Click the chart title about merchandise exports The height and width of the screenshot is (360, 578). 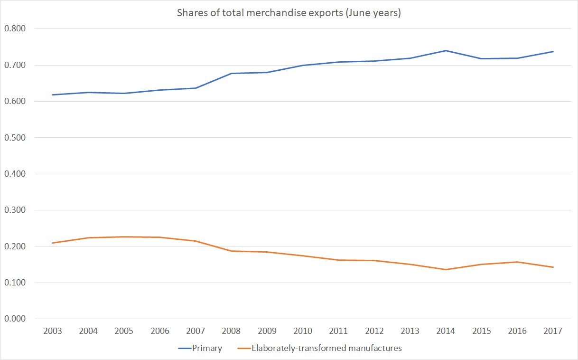[289, 13]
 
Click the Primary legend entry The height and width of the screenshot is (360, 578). [200, 348]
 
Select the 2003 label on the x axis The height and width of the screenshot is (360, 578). [53, 331]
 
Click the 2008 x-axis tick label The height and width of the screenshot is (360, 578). [232, 331]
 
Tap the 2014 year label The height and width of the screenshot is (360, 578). [446, 331]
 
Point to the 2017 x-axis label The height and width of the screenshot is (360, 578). [553, 331]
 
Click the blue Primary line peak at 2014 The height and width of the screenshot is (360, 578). [446, 50]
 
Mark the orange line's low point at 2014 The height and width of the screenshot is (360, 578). [446, 269]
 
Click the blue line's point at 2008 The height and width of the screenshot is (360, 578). [232, 73]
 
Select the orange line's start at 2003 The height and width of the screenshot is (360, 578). [53, 243]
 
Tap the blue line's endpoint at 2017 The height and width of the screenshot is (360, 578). [553, 51]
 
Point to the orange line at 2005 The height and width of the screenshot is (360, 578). [124, 237]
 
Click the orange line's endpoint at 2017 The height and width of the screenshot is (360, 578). [553, 267]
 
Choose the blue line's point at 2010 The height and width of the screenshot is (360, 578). [303, 65]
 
